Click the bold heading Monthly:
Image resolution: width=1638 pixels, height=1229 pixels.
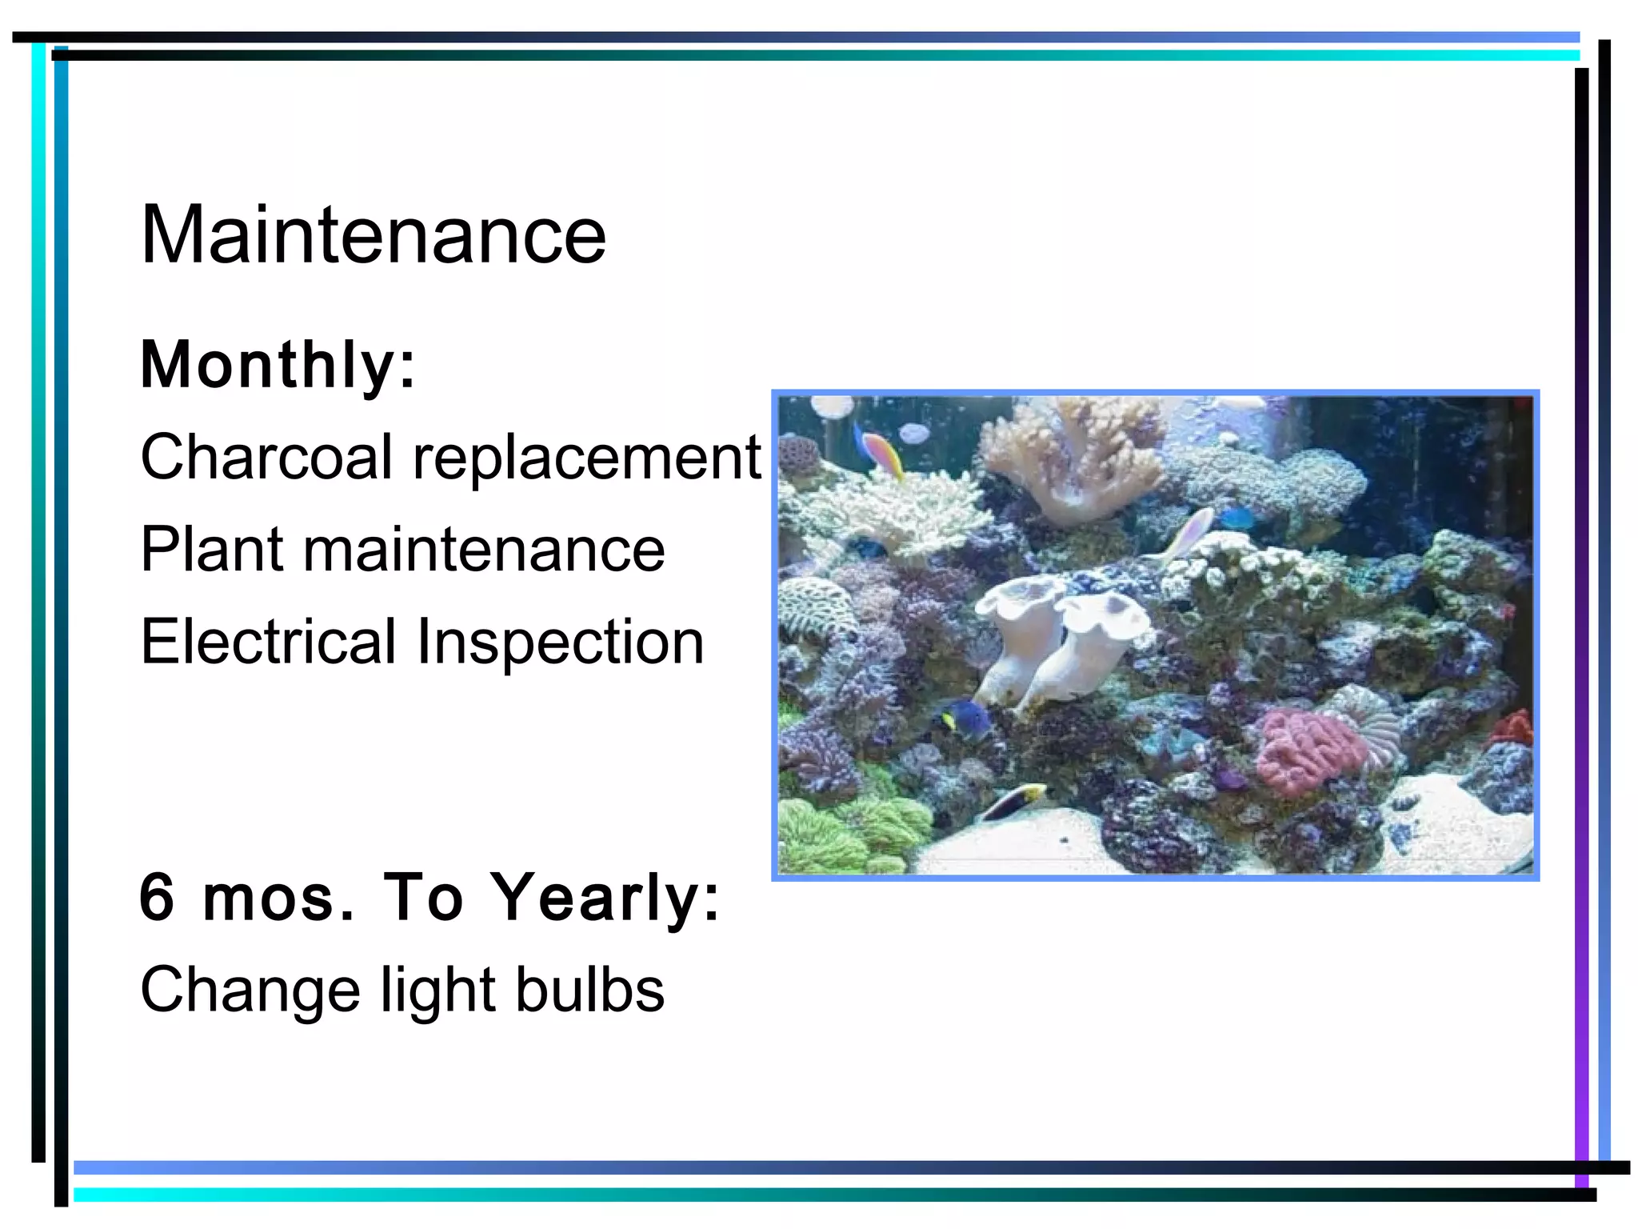(x=278, y=365)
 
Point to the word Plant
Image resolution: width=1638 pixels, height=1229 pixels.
(x=212, y=550)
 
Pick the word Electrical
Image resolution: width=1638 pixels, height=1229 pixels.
(x=269, y=642)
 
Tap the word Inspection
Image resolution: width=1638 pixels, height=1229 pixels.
(x=560, y=643)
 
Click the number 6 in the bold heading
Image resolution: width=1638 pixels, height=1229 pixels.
(x=157, y=897)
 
